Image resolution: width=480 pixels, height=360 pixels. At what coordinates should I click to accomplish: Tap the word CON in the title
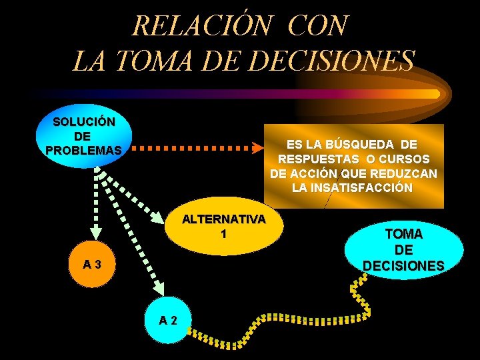tap(318, 26)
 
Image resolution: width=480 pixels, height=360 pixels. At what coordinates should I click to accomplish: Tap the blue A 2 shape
tap(168, 319)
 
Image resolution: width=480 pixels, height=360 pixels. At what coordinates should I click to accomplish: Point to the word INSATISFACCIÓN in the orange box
tap(353, 188)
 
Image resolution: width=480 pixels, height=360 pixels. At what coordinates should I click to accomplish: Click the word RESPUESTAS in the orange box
tap(318, 159)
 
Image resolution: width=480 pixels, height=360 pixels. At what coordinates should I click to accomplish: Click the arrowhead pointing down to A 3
tap(96, 233)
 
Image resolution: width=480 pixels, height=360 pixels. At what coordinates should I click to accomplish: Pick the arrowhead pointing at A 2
tap(160, 289)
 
